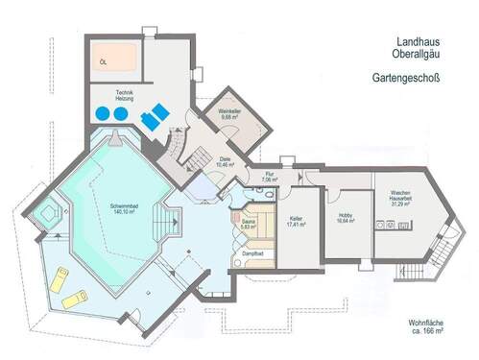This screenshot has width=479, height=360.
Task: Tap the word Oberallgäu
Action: [415, 54]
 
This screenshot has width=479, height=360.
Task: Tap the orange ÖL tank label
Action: [104, 60]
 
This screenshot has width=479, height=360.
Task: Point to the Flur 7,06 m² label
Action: [269, 177]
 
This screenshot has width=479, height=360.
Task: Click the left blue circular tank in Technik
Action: [102, 113]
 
